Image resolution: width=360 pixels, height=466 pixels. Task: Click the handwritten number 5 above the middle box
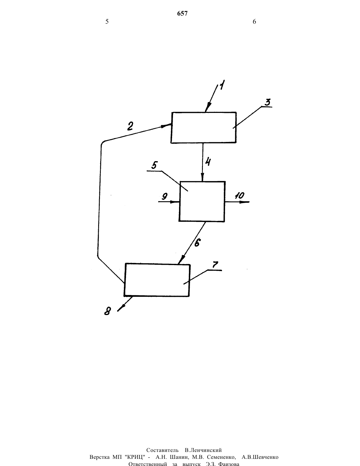155,165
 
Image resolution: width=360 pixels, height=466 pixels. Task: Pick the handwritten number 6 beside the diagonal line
197,243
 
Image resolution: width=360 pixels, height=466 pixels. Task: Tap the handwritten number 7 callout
215,265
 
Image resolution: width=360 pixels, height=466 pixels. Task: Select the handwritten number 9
165,196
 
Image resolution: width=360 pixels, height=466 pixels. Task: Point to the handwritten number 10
240,195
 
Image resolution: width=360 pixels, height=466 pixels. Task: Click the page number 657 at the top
182,13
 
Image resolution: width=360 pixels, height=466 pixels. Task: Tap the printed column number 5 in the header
107,22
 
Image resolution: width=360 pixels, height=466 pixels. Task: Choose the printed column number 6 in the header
254,22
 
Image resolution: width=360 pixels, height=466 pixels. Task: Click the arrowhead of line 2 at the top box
167,126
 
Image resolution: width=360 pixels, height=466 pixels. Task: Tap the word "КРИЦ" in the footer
134,457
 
